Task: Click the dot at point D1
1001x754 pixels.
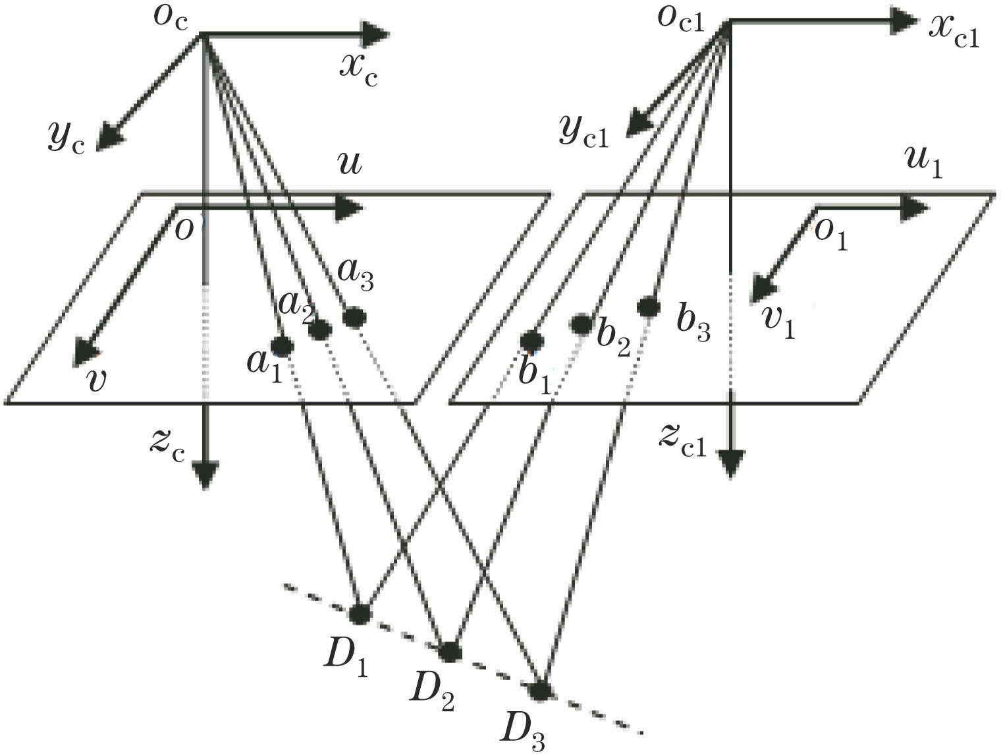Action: click(x=360, y=614)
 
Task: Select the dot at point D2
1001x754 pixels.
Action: click(x=450, y=652)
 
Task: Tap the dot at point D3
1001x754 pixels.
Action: click(x=540, y=691)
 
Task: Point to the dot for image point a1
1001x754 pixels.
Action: click(x=281, y=345)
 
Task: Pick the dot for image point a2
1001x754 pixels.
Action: click(x=320, y=330)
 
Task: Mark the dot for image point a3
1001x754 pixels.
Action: click(x=354, y=318)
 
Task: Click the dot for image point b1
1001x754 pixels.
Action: click(x=531, y=341)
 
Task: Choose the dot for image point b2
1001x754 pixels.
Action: click(x=582, y=324)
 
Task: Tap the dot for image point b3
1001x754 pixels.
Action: click(x=649, y=306)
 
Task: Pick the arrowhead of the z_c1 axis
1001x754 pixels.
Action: click(x=731, y=463)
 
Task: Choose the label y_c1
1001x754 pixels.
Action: click(x=583, y=131)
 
